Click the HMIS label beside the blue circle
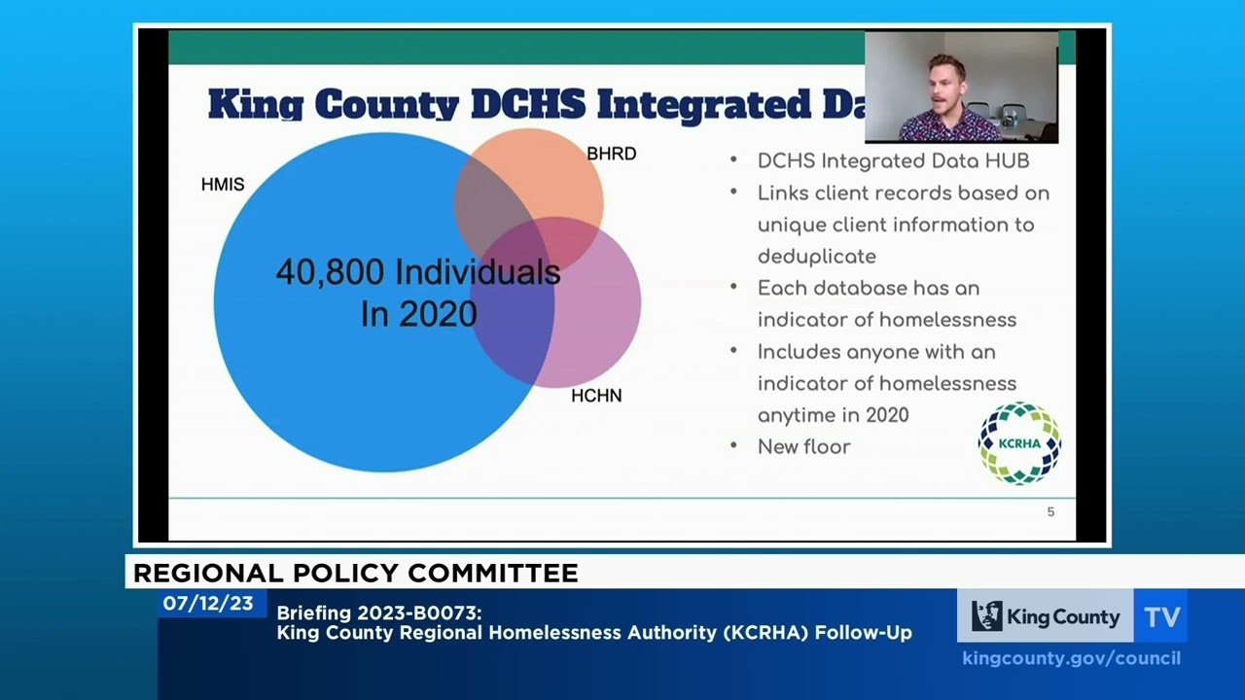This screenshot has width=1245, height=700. coord(223,184)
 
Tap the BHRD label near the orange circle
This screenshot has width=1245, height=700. coord(611,154)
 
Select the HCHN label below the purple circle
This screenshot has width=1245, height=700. coord(596,396)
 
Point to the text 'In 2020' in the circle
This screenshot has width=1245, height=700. coord(418,314)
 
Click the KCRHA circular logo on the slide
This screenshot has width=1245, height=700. coord(1019,443)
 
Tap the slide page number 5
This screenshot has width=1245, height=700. coord(1050,512)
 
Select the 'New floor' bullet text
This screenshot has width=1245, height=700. coord(803,447)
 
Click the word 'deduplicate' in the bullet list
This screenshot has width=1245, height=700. coord(816,257)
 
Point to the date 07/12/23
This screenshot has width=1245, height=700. coord(207,604)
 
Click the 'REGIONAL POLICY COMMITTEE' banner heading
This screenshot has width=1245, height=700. coord(355,574)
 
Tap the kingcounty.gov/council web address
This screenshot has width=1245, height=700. coord(1071,658)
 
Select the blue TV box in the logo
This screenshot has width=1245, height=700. coord(1160,616)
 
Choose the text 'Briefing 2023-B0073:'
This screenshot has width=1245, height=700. coord(379,612)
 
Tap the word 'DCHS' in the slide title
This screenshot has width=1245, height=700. coord(529,104)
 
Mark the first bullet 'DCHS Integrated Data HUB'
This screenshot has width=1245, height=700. coord(893,161)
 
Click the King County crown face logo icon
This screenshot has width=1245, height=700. coord(986,616)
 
